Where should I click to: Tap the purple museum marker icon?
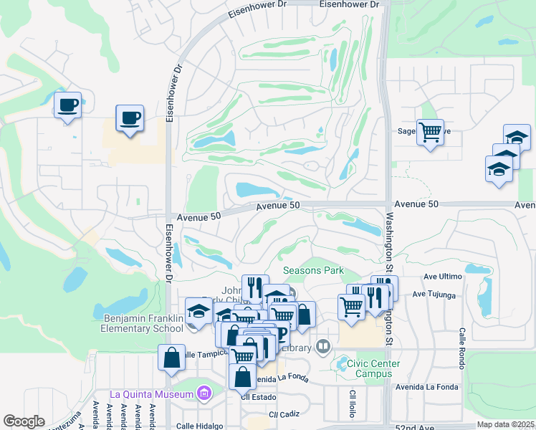(x=205, y=393)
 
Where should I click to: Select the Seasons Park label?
(x=313, y=271)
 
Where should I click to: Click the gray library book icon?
(x=324, y=348)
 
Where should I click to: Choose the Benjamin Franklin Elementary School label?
(x=143, y=323)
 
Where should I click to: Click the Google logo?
(x=24, y=421)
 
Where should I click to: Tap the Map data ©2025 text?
(x=505, y=424)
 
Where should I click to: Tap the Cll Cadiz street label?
(x=283, y=415)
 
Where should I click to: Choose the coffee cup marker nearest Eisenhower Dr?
(x=130, y=118)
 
